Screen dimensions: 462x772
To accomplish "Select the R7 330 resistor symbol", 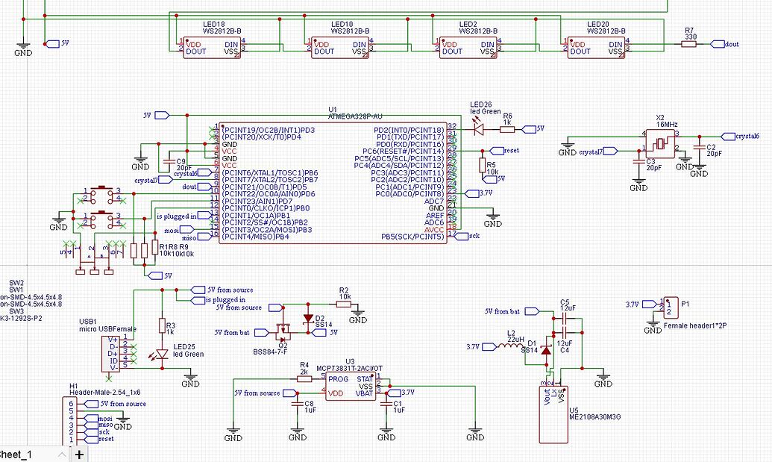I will tap(688, 44).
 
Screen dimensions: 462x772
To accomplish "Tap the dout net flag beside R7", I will tap(727, 44).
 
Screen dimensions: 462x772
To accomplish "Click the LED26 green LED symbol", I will tap(479, 128).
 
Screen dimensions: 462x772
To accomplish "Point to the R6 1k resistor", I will tap(507, 128).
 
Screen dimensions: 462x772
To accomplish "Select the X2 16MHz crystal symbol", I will tap(660, 143).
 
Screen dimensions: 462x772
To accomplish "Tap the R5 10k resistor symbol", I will tap(483, 165).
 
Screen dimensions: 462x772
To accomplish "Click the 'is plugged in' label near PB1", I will tap(176, 216).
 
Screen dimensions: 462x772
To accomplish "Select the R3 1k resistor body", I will tap(161, 325).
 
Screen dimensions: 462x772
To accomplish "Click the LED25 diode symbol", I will tap(161, 355).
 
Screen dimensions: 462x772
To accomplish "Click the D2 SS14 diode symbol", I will tap(309, 318).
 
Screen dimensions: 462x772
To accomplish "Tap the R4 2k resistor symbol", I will tap(304, 378).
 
